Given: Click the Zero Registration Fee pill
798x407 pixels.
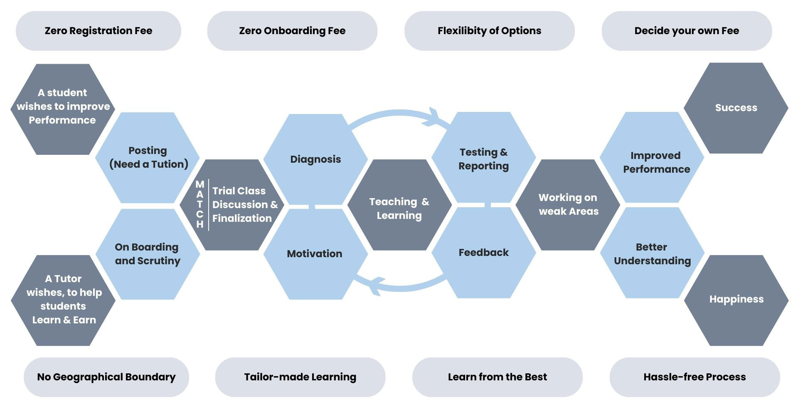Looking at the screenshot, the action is pyautogui.click(x=99, y=31).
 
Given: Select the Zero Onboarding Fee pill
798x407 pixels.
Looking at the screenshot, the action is pyautogui.click(x=292, y=31).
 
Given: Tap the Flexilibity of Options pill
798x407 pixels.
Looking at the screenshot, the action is pyautogui.click(x=489, y=31).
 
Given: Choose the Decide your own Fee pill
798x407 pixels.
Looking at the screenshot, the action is pyautogui.click(x=687, y=31).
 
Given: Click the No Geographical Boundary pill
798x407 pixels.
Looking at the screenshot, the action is pyautogui.click(x=106, y=377).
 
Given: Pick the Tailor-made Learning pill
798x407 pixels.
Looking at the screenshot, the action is pyautogui.click(x=300, y=377).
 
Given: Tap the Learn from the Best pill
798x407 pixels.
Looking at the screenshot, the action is pyautogui.click(x=498, y=377).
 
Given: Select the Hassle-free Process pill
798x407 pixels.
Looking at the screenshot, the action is pyautogui.click(x=695, y=377).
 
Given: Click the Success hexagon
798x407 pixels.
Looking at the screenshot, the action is pyautogui.click(x=736, y=108).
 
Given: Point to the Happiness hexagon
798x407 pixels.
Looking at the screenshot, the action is pyautogui.click(x=736, y=300).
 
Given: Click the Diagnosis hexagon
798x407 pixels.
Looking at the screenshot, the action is pyautogui.click(x=315, y=159).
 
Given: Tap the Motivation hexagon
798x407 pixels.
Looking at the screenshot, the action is pyautogui.click(x=315, y=254).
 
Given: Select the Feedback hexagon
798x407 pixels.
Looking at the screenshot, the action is pyautogui.click(x=483, y=253).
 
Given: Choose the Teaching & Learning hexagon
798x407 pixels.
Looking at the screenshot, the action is pyautogui.click(x=399, y=205).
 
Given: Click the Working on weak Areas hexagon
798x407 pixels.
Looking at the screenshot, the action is pyautogui.click(x=568, y=205).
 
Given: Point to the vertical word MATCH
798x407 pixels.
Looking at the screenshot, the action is pyautogui.click(x=200, y=204).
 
